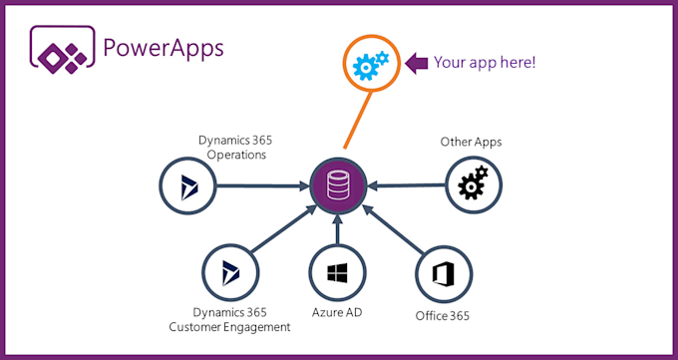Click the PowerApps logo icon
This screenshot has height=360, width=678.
pos(62,49)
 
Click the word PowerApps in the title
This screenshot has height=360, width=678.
pos(164,48)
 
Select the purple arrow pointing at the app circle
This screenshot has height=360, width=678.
pos(419,63)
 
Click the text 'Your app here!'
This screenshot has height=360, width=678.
pos(486,63)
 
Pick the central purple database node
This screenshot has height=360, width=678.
pos(338,184)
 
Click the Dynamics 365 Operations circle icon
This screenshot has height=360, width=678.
pos(188,184)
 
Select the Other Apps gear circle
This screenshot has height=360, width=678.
pos(472,185)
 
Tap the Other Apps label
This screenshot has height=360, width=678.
pos(471,142)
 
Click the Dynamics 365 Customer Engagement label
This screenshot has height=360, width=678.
pos(242,319)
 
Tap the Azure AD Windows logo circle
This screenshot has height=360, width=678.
pos(338,271)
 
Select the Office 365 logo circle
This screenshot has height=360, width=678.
pos(443,271)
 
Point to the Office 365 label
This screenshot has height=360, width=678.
pos(443,317)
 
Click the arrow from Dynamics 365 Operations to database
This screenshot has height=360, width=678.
pos(261,184)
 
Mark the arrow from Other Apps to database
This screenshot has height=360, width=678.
pos(407,184)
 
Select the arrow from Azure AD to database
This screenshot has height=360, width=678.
pos(338,230)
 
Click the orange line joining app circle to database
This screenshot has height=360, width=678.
pos(354,126)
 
